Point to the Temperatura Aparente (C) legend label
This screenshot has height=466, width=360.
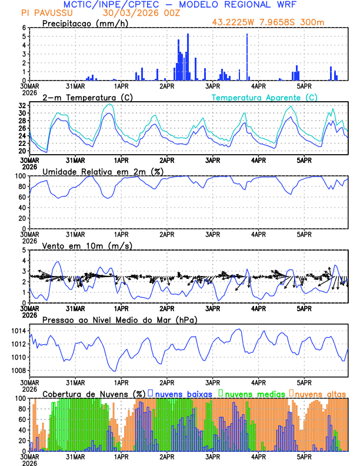click(264, 97)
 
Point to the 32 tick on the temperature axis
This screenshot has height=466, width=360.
click(22, 105)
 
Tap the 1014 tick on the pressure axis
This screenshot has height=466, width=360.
click(18, 331)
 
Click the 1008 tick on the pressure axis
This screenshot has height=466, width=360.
click(18, 371)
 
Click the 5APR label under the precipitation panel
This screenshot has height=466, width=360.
click(304, 86)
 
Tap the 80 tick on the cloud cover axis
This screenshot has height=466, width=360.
click(22, 409)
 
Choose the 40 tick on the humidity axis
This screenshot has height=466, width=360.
click(22, 208)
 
